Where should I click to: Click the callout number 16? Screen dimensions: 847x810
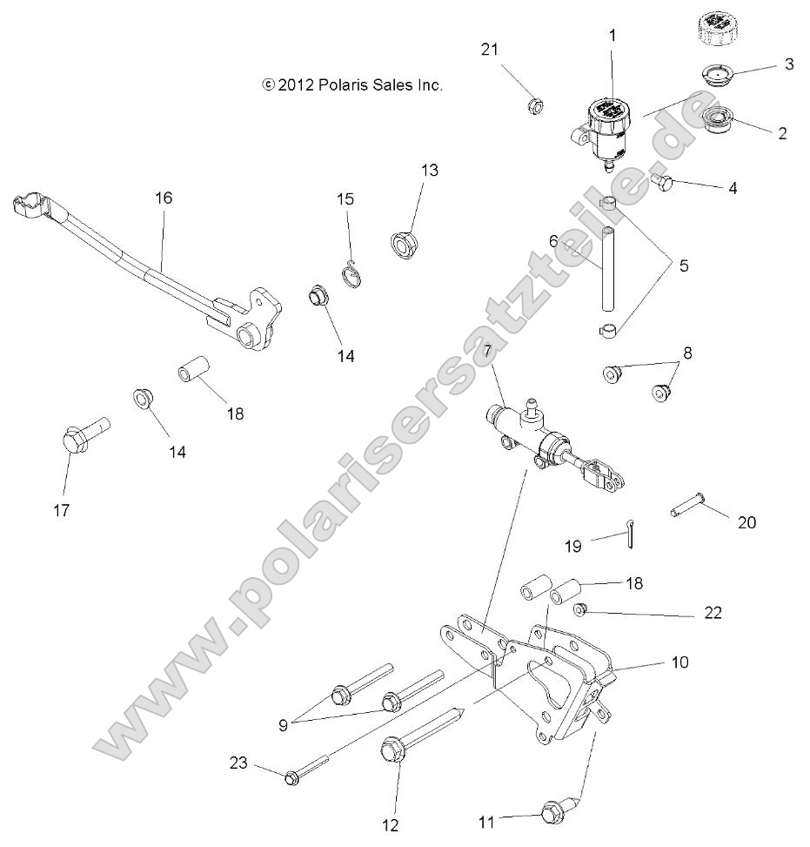tap(164, 198)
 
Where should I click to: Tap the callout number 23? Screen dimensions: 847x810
tap(238, 763)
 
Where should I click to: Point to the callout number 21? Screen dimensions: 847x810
tap(490, 50)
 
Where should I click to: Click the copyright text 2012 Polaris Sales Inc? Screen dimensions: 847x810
tap(352, 84)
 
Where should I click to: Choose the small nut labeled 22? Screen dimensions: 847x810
tap(588, 608)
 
